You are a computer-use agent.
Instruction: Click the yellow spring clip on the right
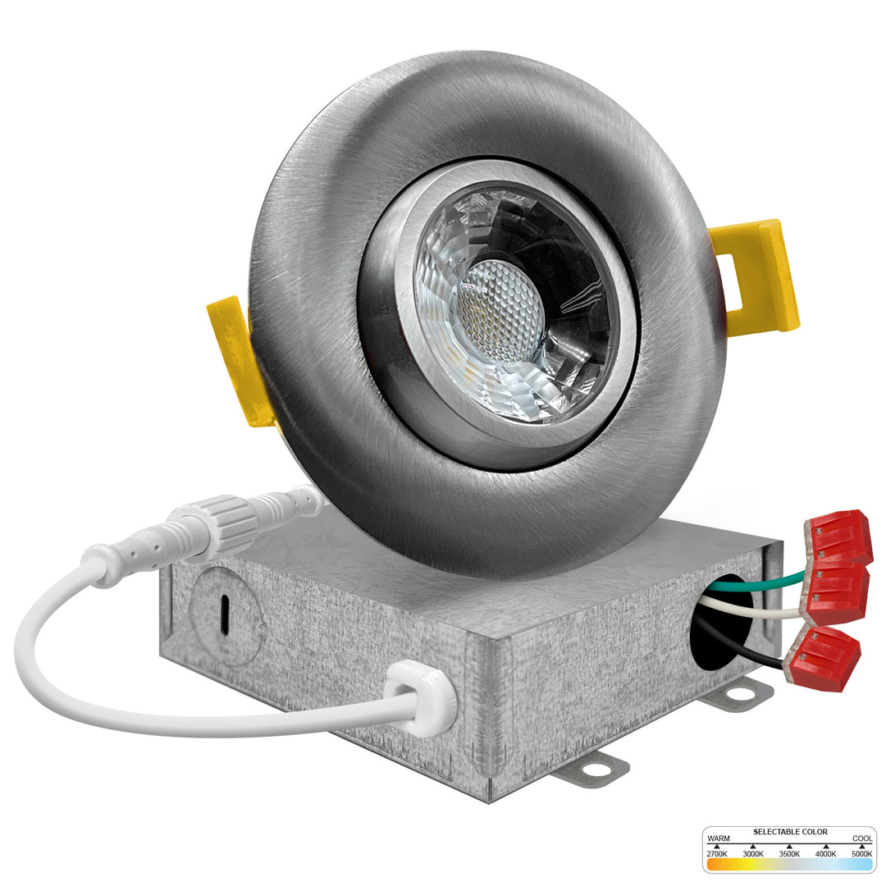click(x=757, y=277)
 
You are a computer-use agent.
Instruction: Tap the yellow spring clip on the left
click(x=236, y=362)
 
